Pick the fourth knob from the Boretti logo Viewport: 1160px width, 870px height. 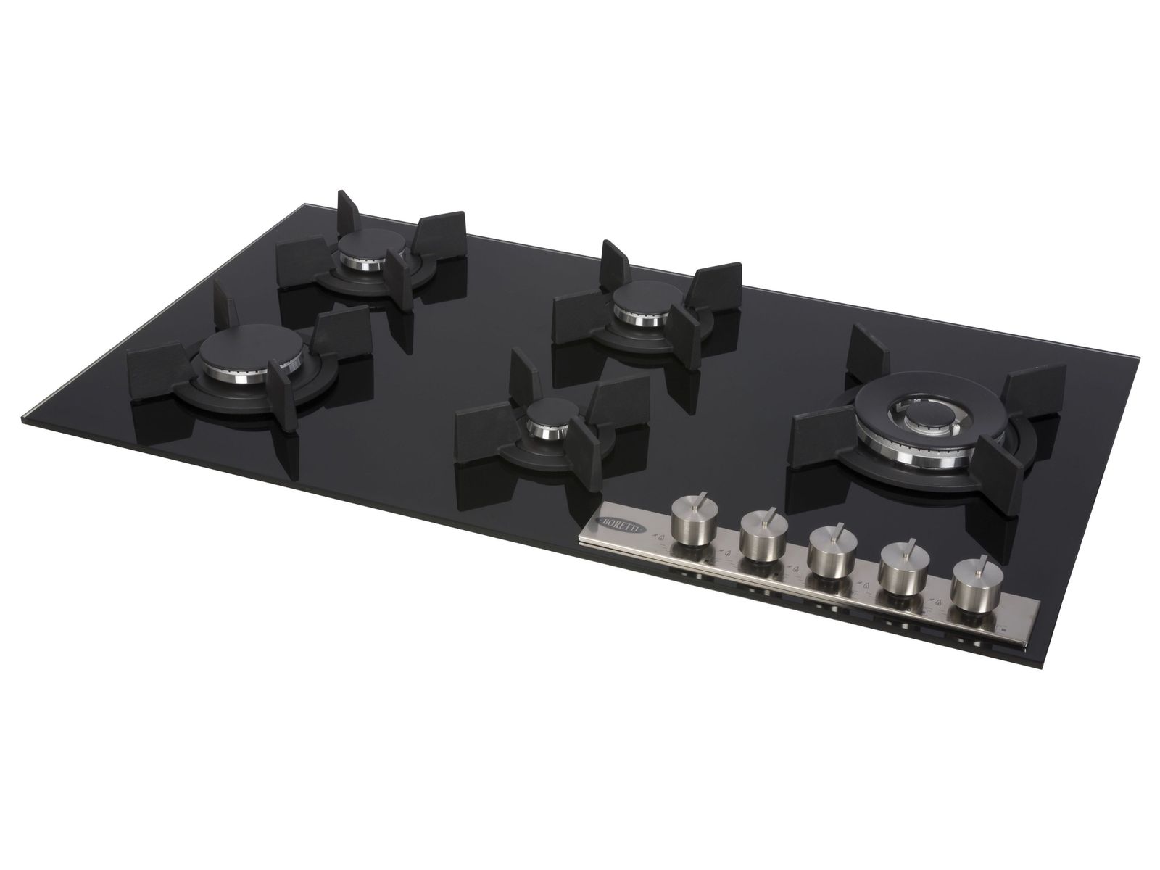(x=902, y=572)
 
